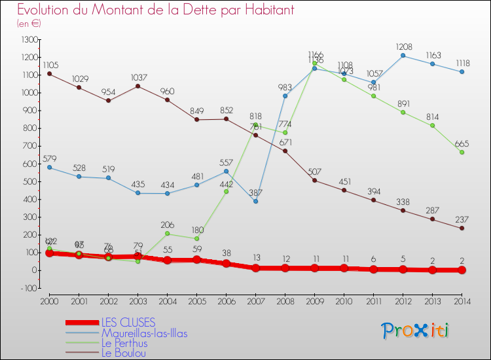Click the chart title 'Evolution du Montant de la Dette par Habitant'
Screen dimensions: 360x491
155,10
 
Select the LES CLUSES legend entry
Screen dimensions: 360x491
128,322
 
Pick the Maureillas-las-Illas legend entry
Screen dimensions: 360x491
149,333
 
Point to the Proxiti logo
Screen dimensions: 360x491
415,331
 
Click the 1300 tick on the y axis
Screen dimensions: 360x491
29,40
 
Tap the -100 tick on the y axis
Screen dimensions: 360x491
29,288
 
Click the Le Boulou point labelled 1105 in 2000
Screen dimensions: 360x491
49,73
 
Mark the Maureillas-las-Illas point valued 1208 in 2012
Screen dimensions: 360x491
403,55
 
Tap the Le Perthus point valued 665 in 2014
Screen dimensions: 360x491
462,152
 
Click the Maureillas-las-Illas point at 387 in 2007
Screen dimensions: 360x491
255,201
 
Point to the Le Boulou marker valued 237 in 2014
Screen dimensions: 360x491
462,228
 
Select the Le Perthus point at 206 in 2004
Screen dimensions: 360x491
167,234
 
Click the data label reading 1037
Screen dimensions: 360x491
137,77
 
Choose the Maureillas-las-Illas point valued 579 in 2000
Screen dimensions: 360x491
49,167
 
